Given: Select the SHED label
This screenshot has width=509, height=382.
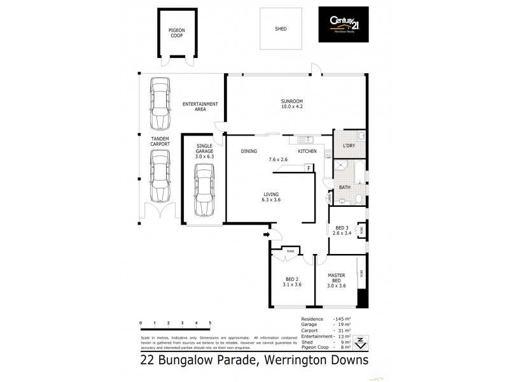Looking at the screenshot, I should tap(280, 29).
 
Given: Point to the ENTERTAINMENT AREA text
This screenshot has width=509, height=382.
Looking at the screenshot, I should tap(200, 106).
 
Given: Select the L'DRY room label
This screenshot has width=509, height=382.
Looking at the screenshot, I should tap(349, 146).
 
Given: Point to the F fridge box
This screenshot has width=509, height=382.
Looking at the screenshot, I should tap(309, 168).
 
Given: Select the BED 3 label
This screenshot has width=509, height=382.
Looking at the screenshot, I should tap(342, 230).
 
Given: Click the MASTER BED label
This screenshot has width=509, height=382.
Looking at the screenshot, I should tap(336, 281).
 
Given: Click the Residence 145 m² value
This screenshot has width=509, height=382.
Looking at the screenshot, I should tap(342, 318).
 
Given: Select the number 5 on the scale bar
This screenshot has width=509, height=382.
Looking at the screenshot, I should tap(210, 323).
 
